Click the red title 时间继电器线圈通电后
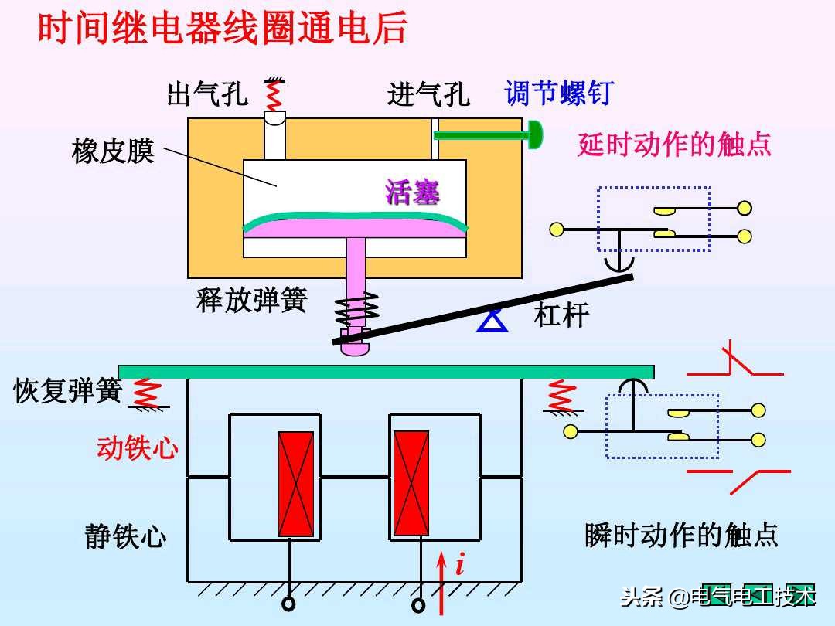[x=223, y=29]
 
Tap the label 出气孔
[x=207, y=94]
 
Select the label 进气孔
[x=428, y=94]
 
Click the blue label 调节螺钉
[x=558, y=94]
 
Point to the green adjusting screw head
[x=534, y=135]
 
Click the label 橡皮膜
[x=113, y=151]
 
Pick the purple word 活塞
[x=413, y=192]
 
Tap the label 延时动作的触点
[x=674, y=144]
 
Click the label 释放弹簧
[x=251, y=300]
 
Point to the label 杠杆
[x=561, y=315]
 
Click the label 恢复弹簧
[x=68, y=390]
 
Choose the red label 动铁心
[x=138, y=448]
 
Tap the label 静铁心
[x=125, y=536]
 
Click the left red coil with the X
[x=296, y=484]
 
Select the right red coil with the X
[x=411, y=484]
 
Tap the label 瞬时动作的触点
[x=681, y=535]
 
